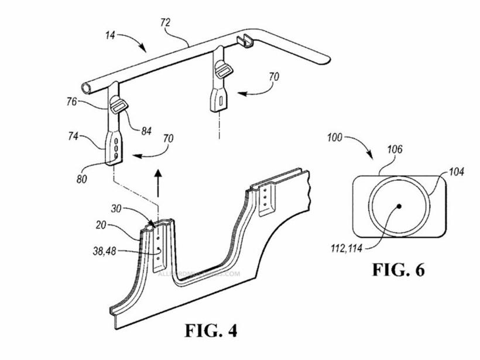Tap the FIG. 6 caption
pyautogui.click(x=398, y=270)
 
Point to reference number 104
pyautogui.click(x=458, y=172)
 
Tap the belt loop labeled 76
pyautogui.click(x=117, y=105)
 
